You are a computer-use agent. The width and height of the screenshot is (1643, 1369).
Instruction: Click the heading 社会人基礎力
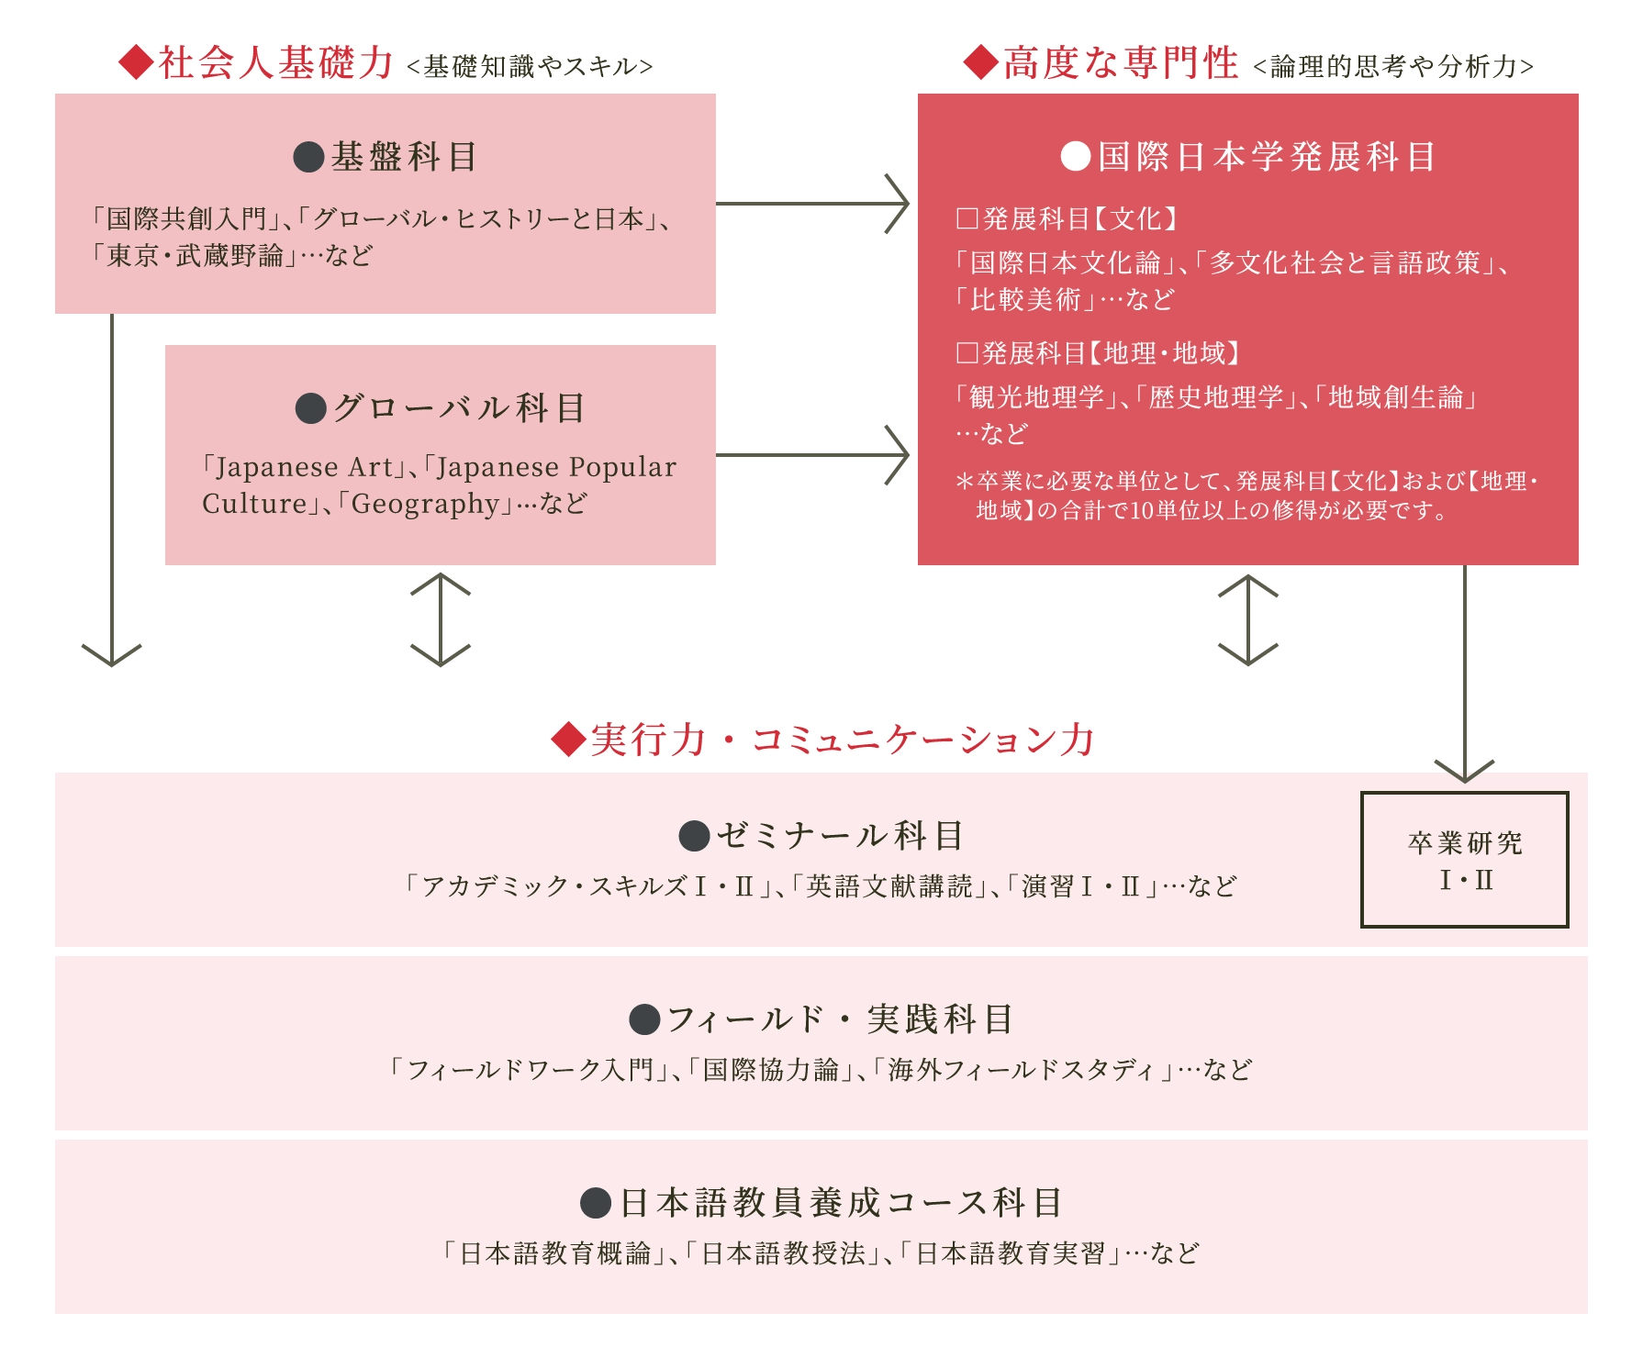[x=276, y=62]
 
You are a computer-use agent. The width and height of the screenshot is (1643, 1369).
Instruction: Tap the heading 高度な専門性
[x=1121, y=62]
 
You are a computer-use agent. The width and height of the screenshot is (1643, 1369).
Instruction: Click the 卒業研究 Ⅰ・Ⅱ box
[x=1465, y=860]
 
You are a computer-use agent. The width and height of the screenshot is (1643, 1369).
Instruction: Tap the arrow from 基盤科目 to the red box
[x=812, y=204]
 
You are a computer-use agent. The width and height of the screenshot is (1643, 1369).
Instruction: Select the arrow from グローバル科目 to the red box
[x=812, y=454]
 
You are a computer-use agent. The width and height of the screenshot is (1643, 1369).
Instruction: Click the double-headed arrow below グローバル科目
[x=441, y=619]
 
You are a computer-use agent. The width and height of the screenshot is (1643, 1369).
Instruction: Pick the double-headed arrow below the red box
[x=1248, y=619]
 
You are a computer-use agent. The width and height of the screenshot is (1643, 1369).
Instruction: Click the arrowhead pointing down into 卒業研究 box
[x=1465, y=772]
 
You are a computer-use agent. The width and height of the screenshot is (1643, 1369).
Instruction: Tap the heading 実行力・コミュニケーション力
[x=843, y=740]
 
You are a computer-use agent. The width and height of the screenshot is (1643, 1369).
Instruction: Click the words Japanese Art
[x=304, y=467]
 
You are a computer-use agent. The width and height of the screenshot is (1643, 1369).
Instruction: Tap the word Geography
[x=425, y=504]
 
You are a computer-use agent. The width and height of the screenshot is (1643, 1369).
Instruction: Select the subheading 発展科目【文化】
[x=1067, y=218]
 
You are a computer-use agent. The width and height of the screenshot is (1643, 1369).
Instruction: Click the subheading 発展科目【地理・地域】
[x=1098, y=353]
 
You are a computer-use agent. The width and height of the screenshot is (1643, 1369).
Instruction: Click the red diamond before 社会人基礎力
[x=136, y=62]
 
